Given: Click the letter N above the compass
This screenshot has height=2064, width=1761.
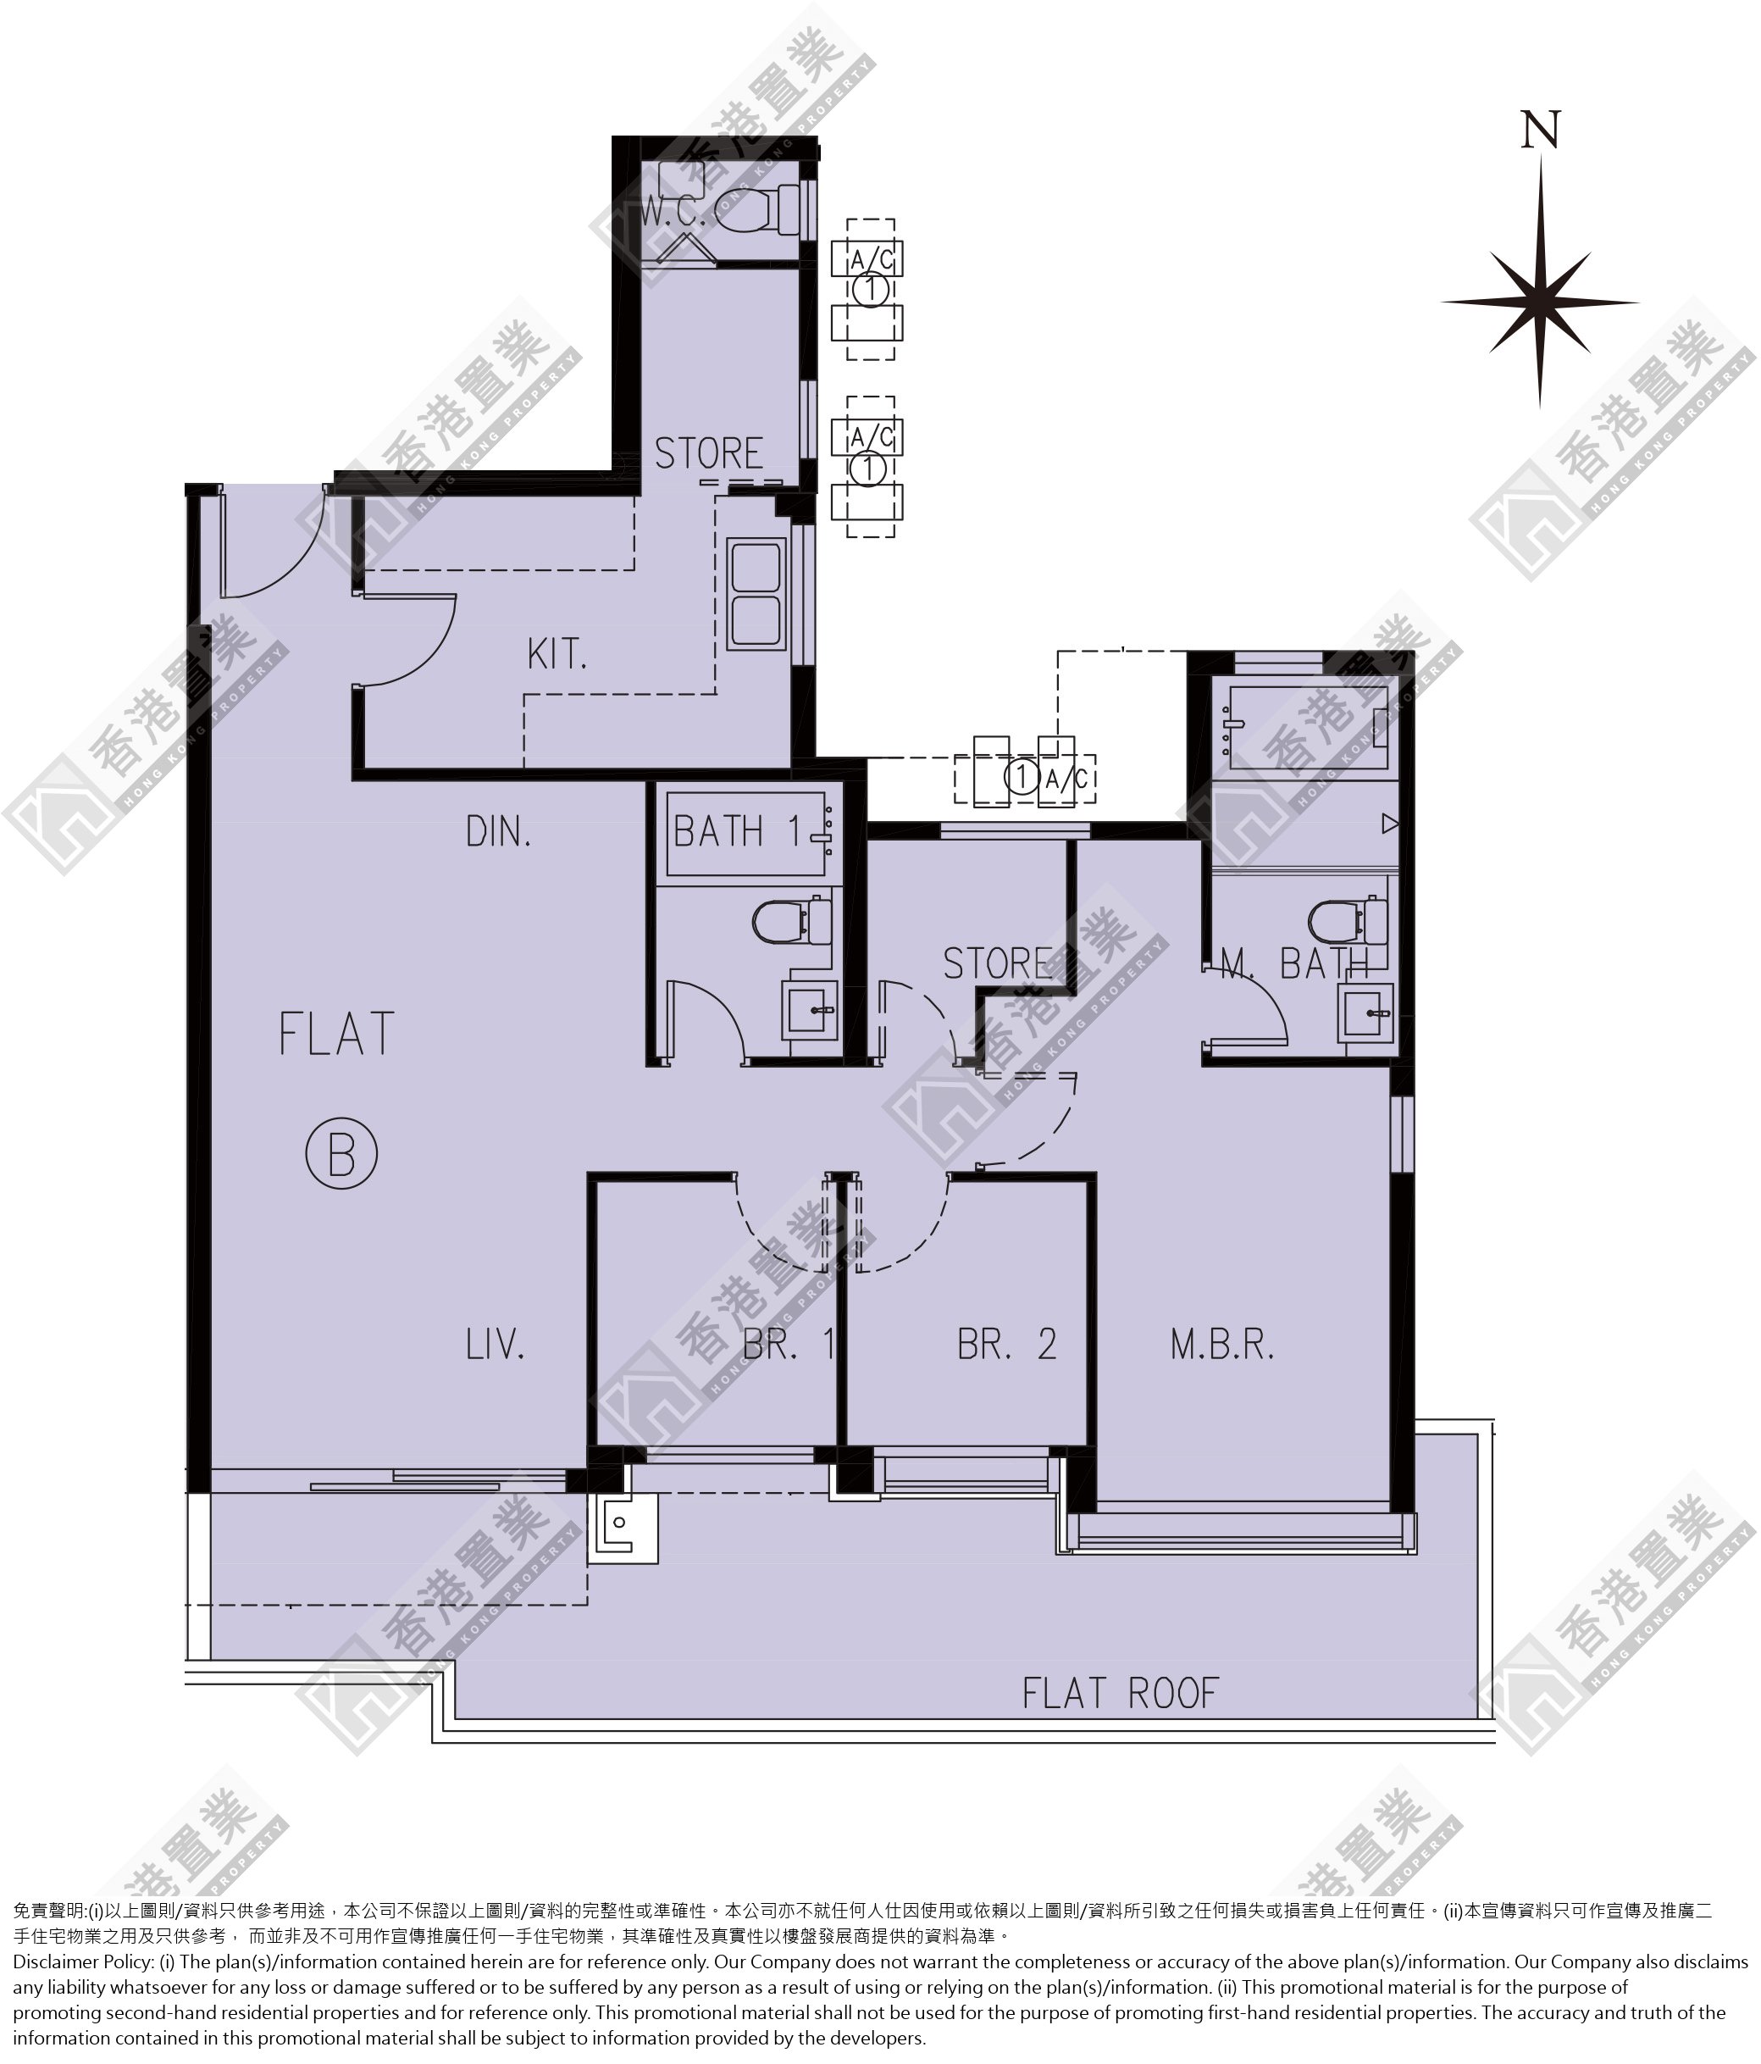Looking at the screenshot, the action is click(x=1540, y=130).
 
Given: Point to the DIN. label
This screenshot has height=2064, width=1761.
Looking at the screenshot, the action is click(x=498, y=831).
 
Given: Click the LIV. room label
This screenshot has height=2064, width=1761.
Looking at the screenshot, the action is click(x=495, y=1345).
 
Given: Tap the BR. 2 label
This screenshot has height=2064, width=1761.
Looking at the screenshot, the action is click(x=1007, y=1345).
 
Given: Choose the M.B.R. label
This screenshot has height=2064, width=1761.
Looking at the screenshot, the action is click(x=1222, y=1345).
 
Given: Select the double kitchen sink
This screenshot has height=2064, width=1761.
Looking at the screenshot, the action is click(x=757, y=593).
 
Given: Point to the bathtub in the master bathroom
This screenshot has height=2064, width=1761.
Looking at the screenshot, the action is click(x=1307, y=727).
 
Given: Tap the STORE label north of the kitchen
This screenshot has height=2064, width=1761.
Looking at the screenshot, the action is click(x=708, y=453).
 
